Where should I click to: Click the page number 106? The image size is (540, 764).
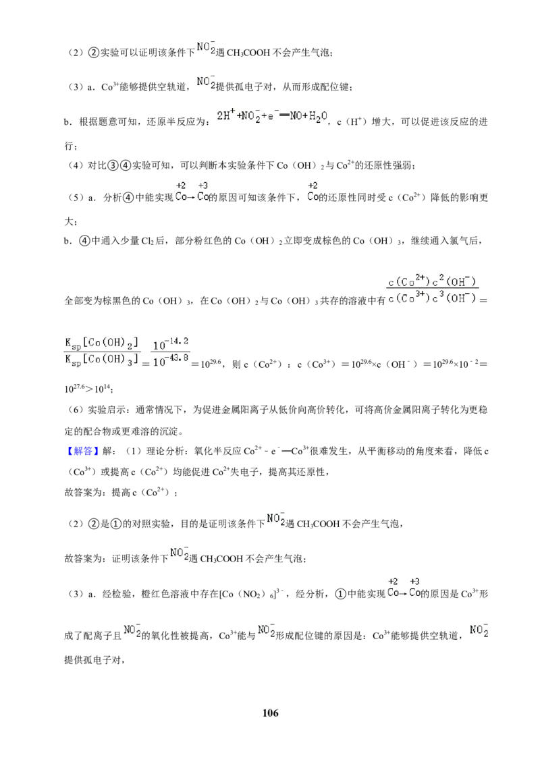click(270, 713)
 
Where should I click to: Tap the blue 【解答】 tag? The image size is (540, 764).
click(80, 452)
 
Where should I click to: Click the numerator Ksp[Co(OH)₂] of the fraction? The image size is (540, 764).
click(102, 344)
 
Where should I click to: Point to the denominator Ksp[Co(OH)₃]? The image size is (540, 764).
click(102, 360)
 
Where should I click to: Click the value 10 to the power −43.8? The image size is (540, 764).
click(170, 360)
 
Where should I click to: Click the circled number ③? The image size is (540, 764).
click(113, 165)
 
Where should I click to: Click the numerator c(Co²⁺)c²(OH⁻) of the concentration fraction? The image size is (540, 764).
click(432, 281)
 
